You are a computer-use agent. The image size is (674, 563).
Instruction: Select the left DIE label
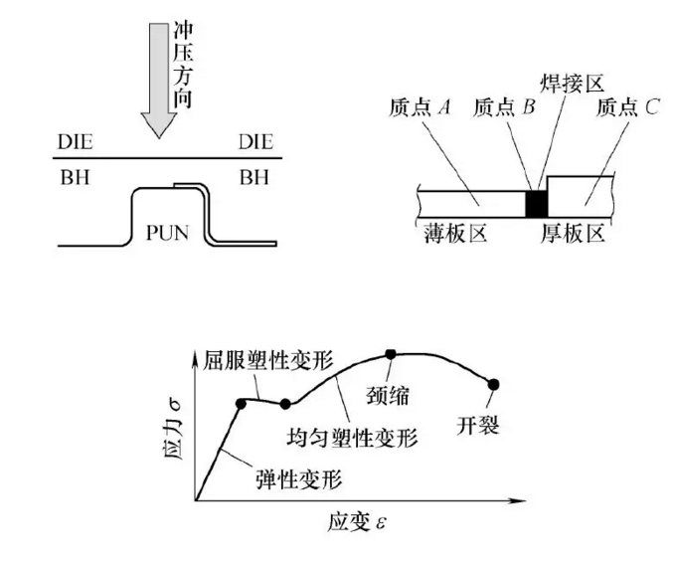[76, 142]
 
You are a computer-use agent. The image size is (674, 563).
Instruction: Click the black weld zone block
[537, 202]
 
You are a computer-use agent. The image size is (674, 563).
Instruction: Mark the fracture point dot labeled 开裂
[494, 383]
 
